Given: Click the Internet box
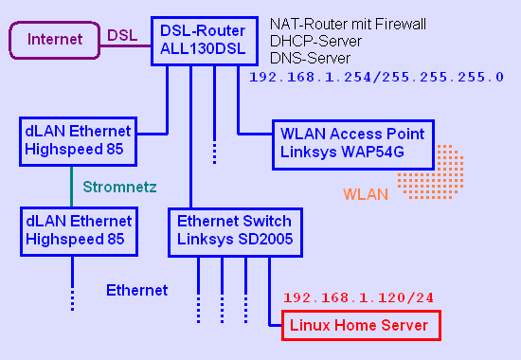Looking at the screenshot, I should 53,40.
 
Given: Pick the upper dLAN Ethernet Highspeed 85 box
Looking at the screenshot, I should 79,141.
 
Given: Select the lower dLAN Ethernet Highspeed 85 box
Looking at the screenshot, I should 79,230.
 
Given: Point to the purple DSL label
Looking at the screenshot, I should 121,35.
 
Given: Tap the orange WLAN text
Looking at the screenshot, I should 366,196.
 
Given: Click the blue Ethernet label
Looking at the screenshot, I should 136,290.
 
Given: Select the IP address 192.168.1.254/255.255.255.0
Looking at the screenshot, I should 375,77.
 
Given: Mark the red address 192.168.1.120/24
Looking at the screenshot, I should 358,297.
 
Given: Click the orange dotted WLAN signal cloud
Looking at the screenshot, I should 428,171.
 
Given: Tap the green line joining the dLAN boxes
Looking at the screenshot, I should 72,186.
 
